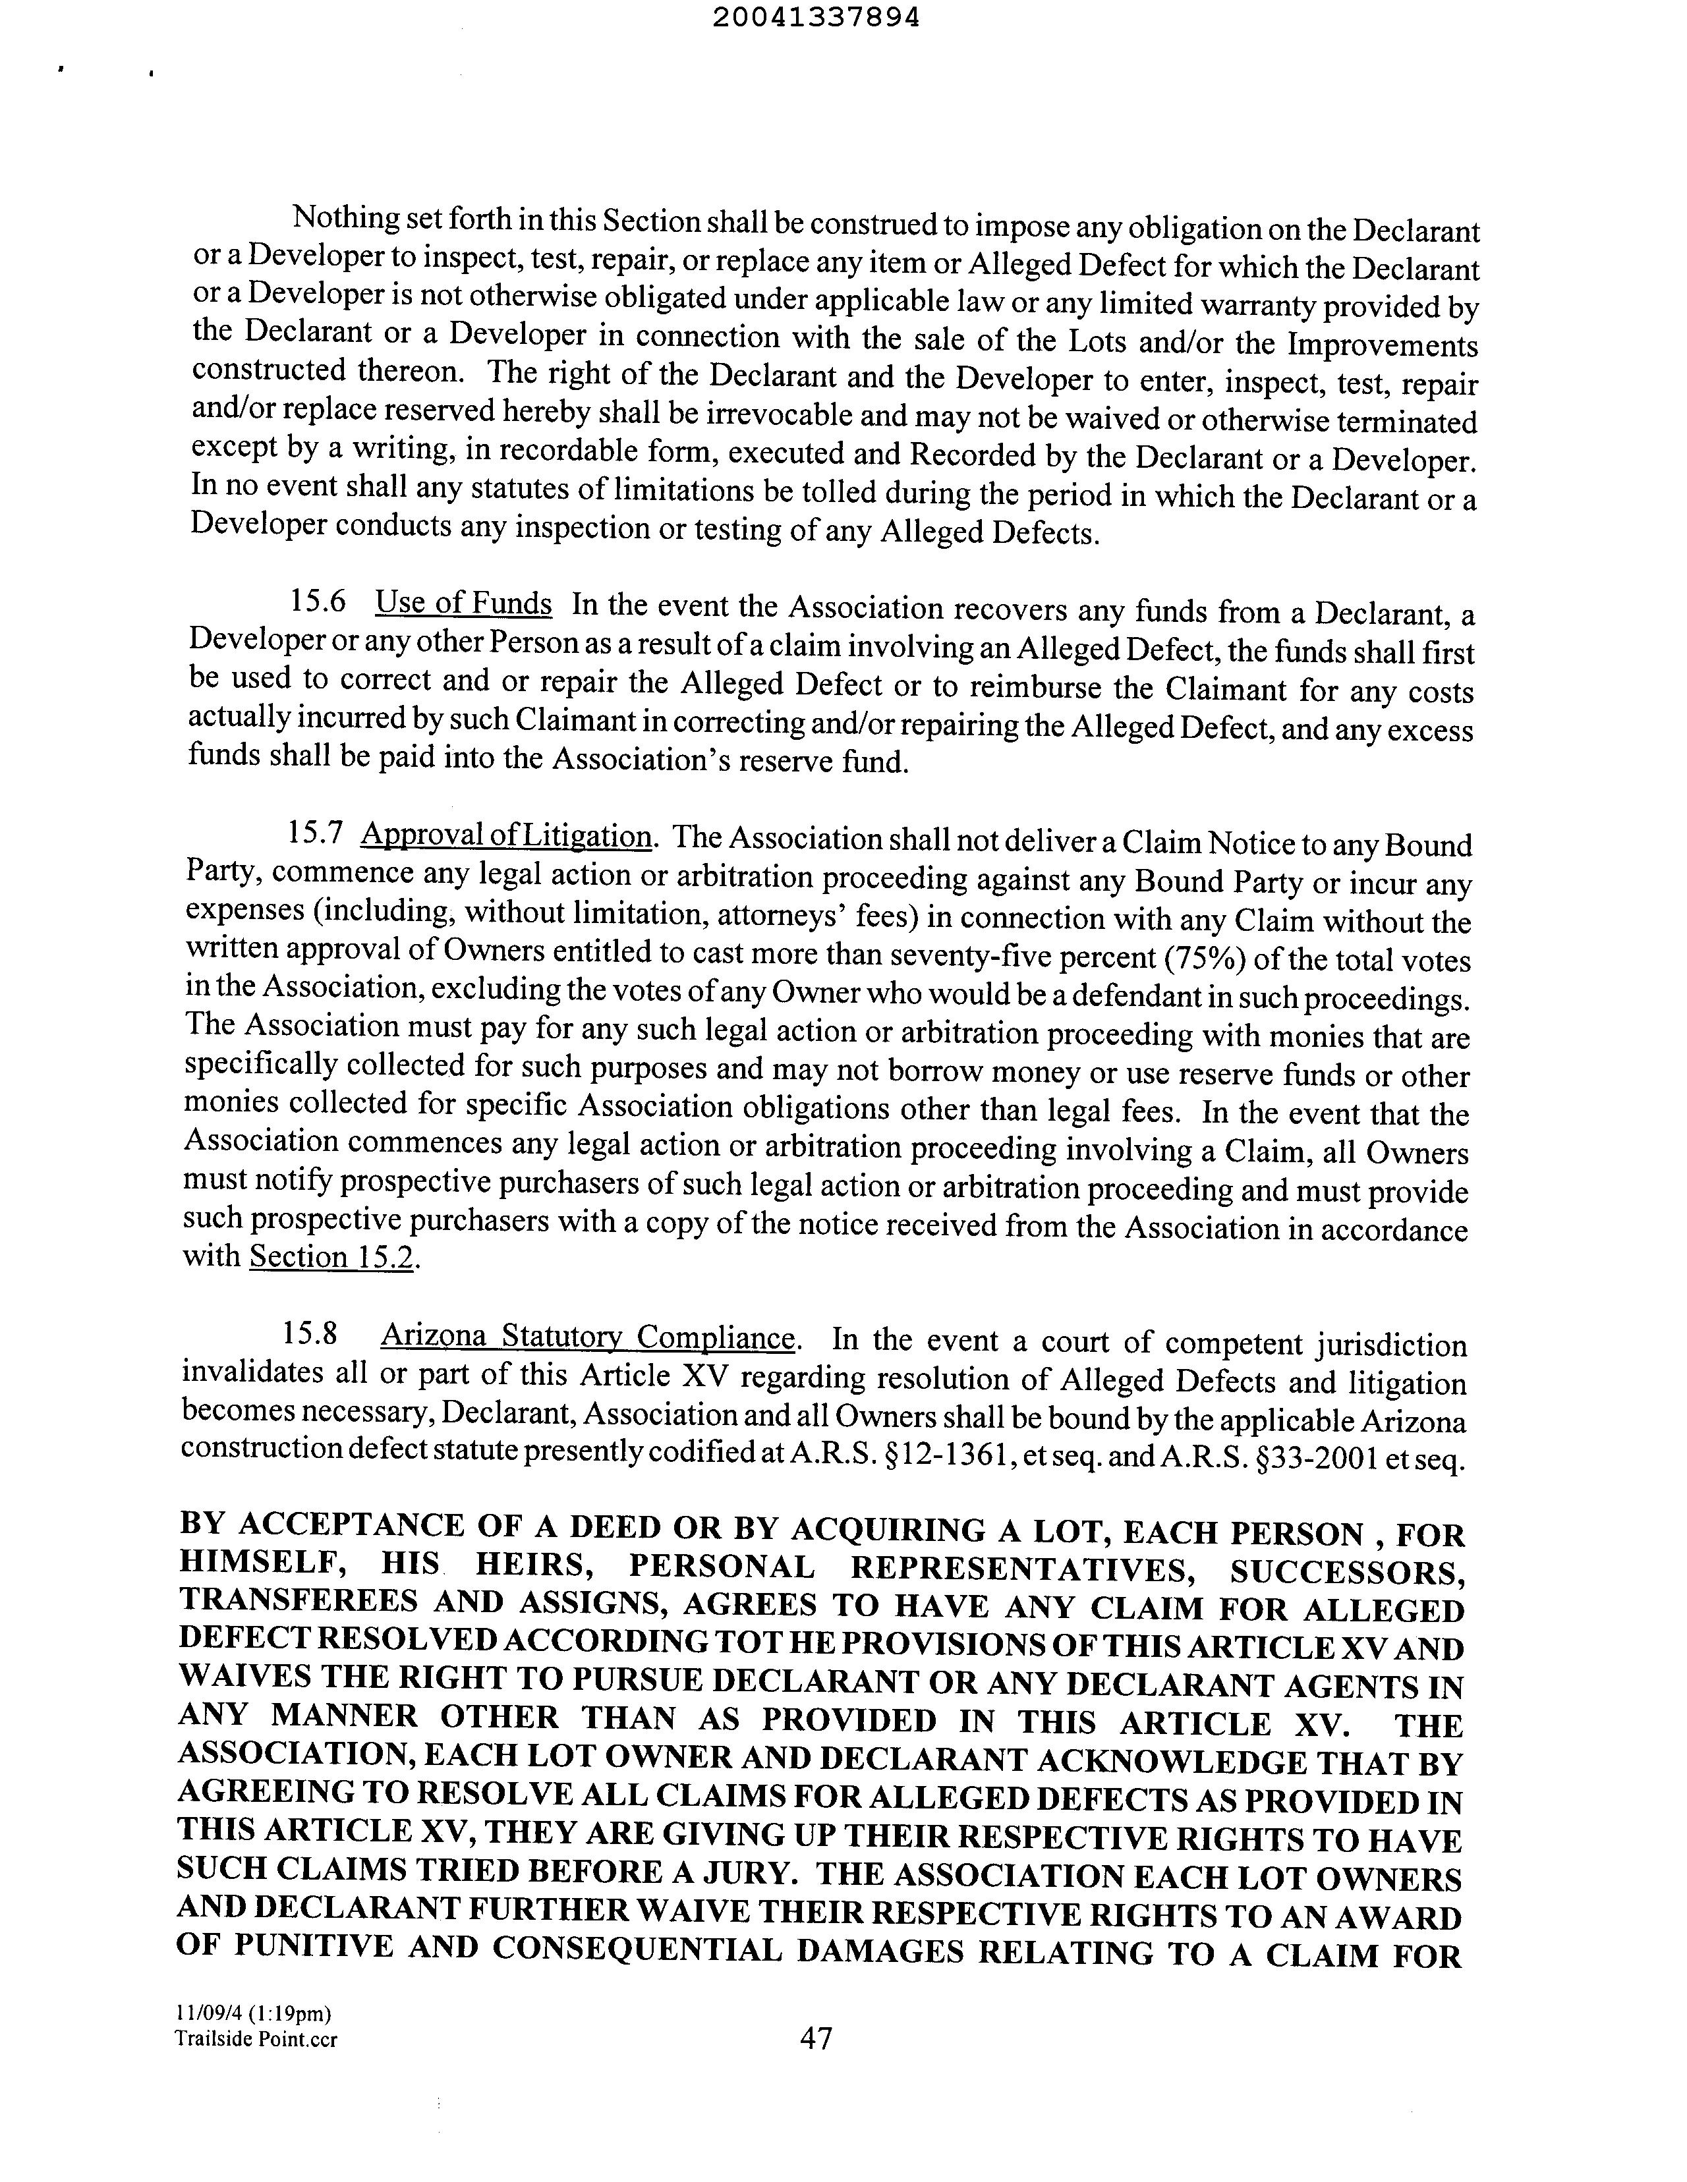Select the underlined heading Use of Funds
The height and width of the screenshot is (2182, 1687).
coord(463,603)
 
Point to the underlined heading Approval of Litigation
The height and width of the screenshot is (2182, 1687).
coord(507,834)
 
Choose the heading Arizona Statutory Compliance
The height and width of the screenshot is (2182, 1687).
coord(588,1336)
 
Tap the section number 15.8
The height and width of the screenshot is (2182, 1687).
coord(309,1334)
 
